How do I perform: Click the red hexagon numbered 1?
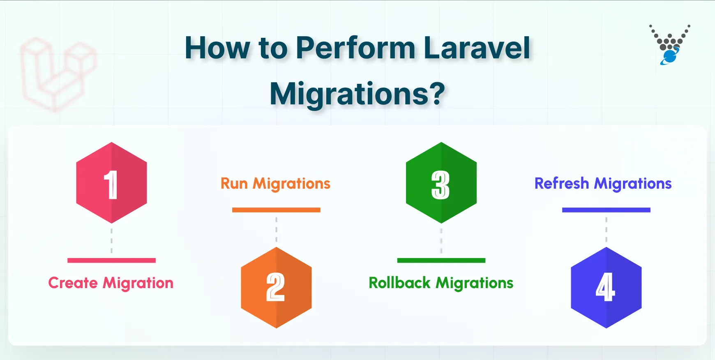(x=111, y=183)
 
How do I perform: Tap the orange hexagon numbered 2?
(x=276, y=287)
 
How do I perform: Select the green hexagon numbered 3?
(x=441, y=183)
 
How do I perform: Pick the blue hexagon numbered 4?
(x=606, y=287)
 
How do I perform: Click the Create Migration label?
(x=111, y=283)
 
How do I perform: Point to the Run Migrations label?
(x=275, y=184)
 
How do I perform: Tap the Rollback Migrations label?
(x=441, y=283)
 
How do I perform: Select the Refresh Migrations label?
(x=603, y=184)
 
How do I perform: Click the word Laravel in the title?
(x=477, y=48)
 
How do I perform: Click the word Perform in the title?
(x=355, y=48)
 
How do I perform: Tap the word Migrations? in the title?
(x=357, y=94)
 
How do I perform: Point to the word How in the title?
(x=217, y=48)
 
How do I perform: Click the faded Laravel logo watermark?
(x=58, y=74)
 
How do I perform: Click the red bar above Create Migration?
(x=111, y=260)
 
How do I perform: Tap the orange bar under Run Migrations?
(x=276, y=210)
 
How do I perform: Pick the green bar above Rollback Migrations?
(x=441, y=260)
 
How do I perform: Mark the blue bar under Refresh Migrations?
(x=606, y=210)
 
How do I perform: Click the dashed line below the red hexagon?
(x=111, y=241)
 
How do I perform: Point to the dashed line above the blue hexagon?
(x=606, y=230)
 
